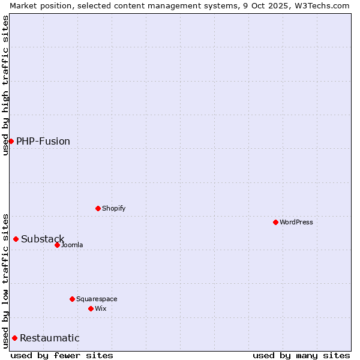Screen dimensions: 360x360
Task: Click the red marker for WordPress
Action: click(275, 222)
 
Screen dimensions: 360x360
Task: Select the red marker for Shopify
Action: click(98, 208)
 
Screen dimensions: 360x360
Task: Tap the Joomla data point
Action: click(57, 245)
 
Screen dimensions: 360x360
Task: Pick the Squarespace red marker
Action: click(72, 299)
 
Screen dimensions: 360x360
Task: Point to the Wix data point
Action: click(91, 308)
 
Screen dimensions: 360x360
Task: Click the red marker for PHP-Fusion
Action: click(11, 141)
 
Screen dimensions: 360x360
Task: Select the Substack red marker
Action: click(16, 239)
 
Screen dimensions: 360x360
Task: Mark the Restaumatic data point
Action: click(14, 338)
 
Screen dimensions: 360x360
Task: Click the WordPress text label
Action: click(296, 222)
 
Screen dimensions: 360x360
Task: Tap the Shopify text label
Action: click(114, 208)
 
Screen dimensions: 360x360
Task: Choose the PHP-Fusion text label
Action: click(43, 142)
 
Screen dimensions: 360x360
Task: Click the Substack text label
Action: click(43, 239)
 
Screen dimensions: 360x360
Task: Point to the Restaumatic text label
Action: click(50, 338)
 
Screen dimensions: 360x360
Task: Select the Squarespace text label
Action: click(97, 299)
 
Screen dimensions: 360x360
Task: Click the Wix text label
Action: click(101, 308)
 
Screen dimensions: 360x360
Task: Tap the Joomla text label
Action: click(72, 245)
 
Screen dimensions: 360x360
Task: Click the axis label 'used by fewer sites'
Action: click(62, 355)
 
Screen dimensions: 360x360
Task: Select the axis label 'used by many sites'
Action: click(301, 355)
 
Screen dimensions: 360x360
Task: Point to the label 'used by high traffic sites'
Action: click(5, 85)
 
